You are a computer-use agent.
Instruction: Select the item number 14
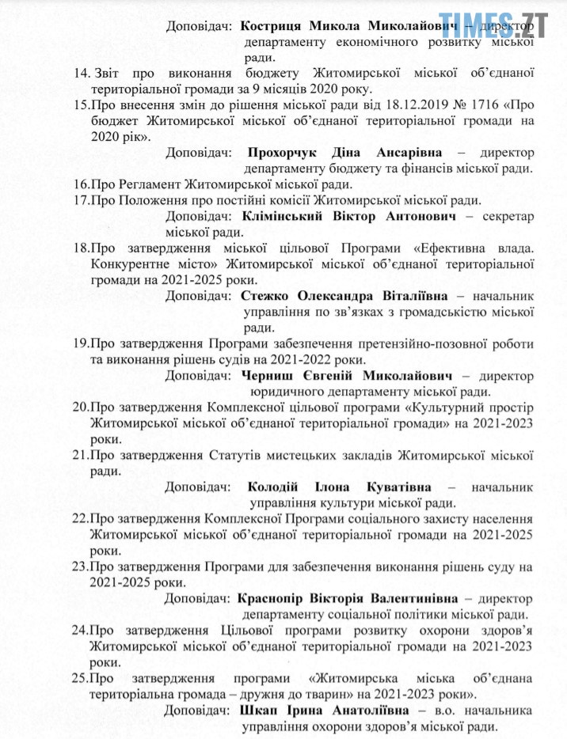pos(82,74)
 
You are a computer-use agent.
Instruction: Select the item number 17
pos(82,199)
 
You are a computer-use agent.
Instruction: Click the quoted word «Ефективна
pos(420,248)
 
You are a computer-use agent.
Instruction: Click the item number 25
pos(82,678)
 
